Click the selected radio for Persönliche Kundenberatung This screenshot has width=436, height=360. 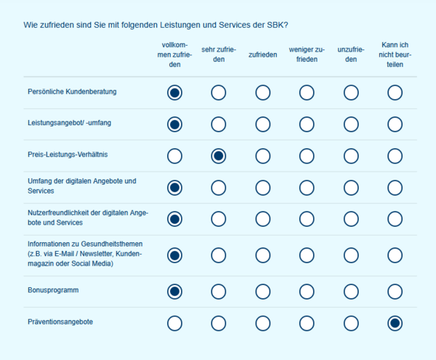(x=174, y=92)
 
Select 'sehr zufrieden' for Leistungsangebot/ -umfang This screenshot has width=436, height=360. (x=219, y=124)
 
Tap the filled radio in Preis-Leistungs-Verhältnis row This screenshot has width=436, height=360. (x=219, y=156)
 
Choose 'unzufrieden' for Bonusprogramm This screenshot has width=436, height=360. (x=351, y=292)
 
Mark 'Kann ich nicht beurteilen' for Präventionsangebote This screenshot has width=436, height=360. (x=395, y=323)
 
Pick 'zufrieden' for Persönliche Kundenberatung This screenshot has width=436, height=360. (x=262, y=92)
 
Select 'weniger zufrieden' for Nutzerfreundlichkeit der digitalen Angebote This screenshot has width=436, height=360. (x=307, y=219)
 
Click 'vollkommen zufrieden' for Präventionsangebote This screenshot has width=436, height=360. (x=174, y=323)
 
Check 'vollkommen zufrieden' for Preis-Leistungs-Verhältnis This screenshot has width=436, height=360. (x=174, y=156)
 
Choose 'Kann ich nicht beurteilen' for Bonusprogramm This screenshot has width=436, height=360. (x=395, y=292)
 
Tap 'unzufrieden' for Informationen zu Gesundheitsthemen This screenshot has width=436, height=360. (x=351, y=255)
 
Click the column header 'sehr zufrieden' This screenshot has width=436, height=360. (x=219, y=55)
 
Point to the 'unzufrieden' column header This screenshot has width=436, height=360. (x=351, y=55)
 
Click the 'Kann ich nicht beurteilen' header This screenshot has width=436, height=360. (x=395, y=54)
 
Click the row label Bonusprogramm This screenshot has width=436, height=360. (x=53, y=290)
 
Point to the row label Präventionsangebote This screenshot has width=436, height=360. (x=60, y=321)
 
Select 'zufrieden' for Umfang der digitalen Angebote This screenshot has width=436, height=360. (x=262, y=188)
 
